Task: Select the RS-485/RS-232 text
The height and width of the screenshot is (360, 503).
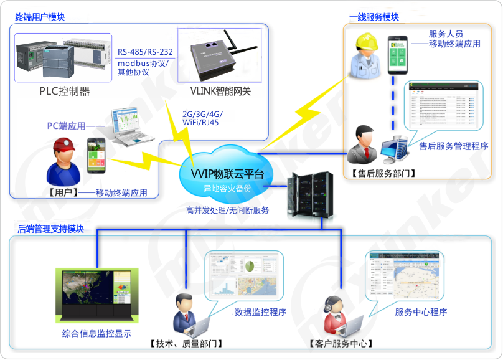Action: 145,52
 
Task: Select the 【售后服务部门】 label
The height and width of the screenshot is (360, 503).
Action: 383,173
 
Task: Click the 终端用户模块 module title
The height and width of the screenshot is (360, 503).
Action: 40,17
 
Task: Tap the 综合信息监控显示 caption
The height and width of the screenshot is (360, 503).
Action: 96,333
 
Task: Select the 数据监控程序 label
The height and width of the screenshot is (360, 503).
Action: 260,311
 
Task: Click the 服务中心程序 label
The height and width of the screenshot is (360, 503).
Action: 421,311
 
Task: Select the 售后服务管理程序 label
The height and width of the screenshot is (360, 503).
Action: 453,146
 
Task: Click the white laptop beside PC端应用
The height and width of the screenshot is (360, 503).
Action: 131,128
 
